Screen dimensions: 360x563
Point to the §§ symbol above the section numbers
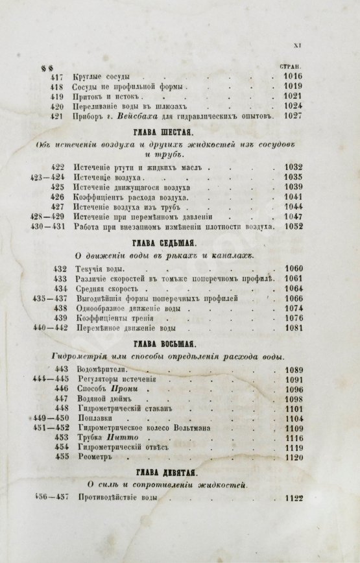click(46, 67)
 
